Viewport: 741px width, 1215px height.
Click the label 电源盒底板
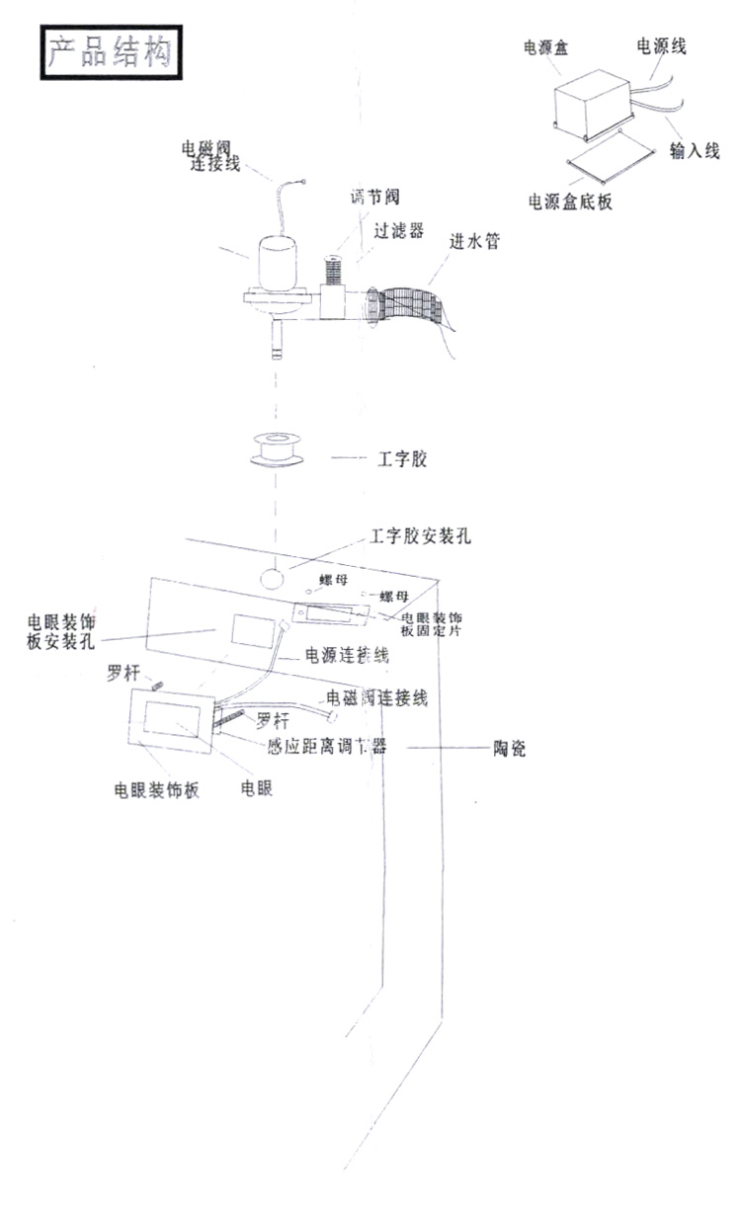[571, 202]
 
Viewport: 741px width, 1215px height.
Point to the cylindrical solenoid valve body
[280, 264]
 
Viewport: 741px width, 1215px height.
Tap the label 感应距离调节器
[326, 748]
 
